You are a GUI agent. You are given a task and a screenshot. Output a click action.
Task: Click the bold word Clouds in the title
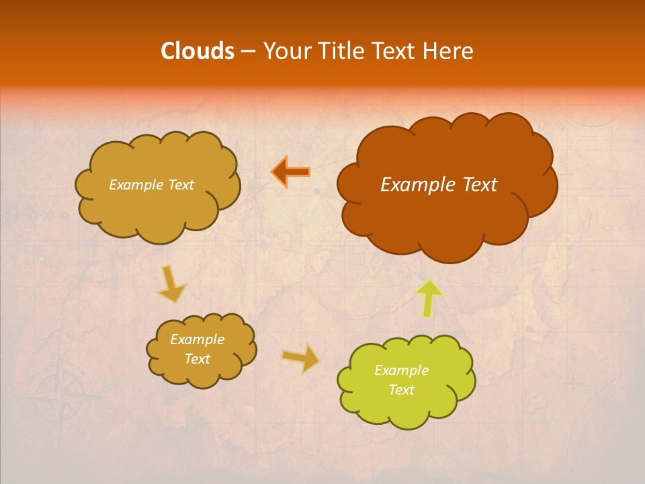click(198, 51)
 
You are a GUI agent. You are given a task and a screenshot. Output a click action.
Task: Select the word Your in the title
click(282, 51)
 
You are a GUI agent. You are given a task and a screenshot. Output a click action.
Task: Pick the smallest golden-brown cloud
click(202, 350)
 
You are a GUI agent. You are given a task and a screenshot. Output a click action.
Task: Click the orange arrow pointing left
click(291, 172)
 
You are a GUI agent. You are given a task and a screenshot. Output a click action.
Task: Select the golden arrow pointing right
click(302, 358)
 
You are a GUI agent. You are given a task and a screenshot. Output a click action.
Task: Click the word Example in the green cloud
click(401, 370)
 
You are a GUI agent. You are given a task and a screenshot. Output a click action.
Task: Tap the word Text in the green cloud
click(401, 390)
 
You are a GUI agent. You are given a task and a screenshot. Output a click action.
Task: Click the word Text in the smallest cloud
click(197, 359)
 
